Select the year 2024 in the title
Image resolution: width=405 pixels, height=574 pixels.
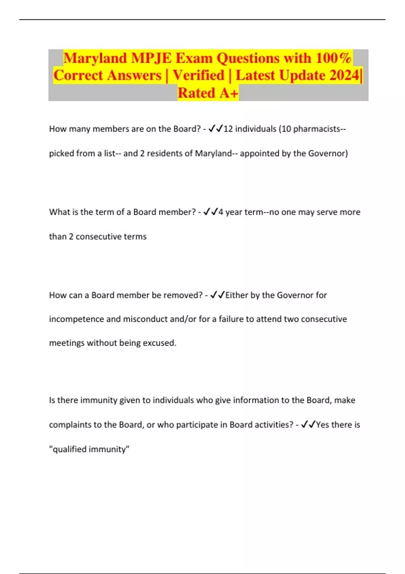(x=344, y=75)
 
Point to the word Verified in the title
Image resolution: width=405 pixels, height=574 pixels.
(x=198, y=75)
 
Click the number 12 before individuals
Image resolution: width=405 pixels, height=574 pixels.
(x=228, y=129)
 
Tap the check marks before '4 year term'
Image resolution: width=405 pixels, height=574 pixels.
(x=211, y=212)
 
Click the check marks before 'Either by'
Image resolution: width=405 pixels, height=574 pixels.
(x=217, y=295)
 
